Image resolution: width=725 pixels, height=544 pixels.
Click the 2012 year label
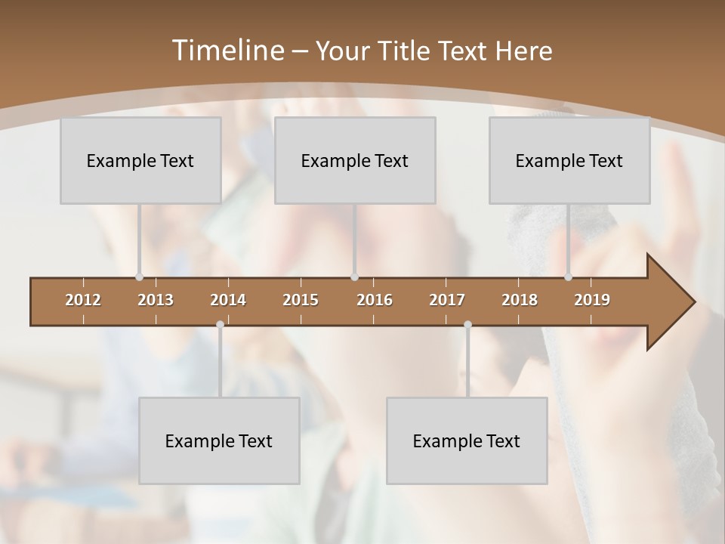point(83,300)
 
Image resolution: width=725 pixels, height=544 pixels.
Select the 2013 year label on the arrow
point(156,300)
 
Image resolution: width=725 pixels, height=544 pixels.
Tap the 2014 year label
point(228,300)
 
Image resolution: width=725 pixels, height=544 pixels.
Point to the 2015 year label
point(301,300)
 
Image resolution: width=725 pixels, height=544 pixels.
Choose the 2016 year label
point(375,300)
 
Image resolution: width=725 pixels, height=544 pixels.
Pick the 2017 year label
point(447,300)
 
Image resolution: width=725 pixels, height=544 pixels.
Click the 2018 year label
point(520,300)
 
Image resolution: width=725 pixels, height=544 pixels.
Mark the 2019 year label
point(592,300)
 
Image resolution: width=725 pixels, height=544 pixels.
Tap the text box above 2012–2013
point(140,160)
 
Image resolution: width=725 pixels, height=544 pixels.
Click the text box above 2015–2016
point(355,160)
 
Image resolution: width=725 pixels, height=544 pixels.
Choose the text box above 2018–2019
point(569,160)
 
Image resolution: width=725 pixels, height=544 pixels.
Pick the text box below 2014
point(219,440)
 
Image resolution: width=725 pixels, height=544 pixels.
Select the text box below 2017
point(467,440)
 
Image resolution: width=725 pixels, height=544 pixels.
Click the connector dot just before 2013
point(139,277)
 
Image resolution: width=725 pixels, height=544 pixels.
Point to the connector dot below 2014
point(220,325)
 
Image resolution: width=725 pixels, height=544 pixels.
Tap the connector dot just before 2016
point(355,277)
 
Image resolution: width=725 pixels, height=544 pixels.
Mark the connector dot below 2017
point(467,325)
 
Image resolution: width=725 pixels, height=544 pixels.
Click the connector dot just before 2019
point(569,277)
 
